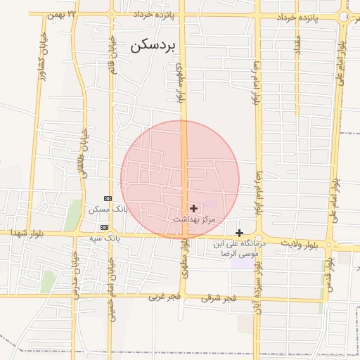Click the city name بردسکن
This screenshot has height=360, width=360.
(x=155, y=46)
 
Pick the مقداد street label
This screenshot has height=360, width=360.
(x=297, y=46)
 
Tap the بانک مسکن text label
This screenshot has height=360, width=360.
(x=106, y=210)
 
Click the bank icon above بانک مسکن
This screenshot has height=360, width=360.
(x=107, y=198)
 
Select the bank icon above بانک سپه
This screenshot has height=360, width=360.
(x=104, y=227)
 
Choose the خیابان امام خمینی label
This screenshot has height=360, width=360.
(x=110, y=281)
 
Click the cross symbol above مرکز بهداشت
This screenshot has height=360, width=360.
(x=193, y=208)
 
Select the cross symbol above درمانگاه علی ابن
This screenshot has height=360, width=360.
(x=239, y=233)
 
